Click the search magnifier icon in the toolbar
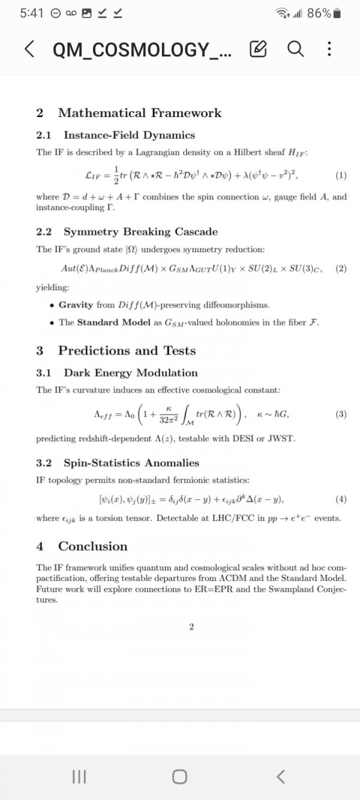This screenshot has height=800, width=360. click(295, 49)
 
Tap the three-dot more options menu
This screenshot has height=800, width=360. click(329, 49)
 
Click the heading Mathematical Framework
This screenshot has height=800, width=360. click(139, 113)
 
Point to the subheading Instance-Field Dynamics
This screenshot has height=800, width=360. click(129, 135)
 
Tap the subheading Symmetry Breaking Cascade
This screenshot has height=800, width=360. click(140, 232)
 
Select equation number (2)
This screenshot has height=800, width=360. click(341, 268)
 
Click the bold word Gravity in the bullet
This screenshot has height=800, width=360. click(76, 305)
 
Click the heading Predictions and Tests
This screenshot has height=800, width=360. click(127, 350)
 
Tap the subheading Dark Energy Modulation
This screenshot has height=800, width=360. click(130, 373)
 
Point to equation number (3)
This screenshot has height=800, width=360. click(341, 414)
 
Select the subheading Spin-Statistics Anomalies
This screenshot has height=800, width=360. click(131, 463)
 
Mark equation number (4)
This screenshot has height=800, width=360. click(341, 499)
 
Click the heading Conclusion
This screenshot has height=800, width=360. click(92, 546)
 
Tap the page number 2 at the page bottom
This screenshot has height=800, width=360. click(191, 627)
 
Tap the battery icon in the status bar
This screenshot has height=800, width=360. click(338, 13)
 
